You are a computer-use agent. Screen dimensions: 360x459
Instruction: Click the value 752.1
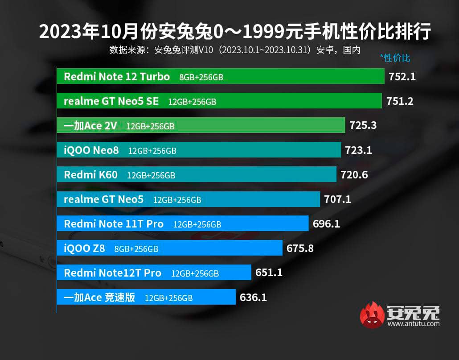point(402,77)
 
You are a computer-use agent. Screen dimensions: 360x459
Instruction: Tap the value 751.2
point(400,101)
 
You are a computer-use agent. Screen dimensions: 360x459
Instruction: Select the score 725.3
point(363,125)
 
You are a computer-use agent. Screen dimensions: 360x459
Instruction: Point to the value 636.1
point(253,297)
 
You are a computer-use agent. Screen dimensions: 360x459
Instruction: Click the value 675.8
point(300,248)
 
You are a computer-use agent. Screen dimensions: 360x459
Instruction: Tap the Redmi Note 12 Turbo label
point(117,77)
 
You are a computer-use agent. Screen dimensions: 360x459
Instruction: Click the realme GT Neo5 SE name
point(111,101)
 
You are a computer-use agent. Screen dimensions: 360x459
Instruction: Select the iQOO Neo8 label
point(91,150)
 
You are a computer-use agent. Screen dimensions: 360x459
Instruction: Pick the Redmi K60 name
point(90,175)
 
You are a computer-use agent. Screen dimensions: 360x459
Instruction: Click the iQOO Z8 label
point(84,248)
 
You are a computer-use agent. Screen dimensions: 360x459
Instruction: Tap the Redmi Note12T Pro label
point(112,273)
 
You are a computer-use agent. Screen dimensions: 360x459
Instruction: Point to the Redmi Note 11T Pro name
point(114,224)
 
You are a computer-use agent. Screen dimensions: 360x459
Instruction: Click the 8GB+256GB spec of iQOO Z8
point(136,249)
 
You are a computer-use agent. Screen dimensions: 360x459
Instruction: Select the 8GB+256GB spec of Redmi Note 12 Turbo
point(201,77)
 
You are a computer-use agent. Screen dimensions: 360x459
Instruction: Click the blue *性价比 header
point(395,58)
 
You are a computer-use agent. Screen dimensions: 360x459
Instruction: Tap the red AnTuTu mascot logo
point(372,315)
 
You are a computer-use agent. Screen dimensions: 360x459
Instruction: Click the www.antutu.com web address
point(414,324)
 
